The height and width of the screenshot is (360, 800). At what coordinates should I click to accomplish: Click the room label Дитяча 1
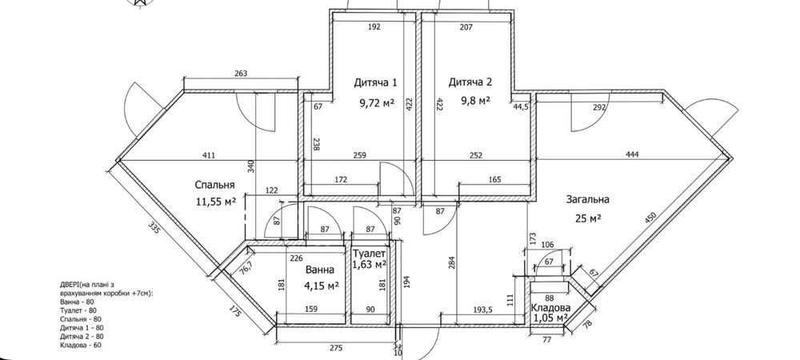pyautogui.click(x=375, y=82)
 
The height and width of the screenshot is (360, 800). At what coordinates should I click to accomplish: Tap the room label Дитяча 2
pyautogui.click(x=470, y=82)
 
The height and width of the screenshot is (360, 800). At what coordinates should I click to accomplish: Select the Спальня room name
pyautogui.click(x=214, y=185)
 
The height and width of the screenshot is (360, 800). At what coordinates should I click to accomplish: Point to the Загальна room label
pyautogui.click(x=587, y=199)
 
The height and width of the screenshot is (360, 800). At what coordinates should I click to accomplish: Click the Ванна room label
pyautogui.click(x=320, y=270)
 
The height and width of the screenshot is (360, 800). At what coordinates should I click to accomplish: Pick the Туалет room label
pyautogui.click(x=369, y=253)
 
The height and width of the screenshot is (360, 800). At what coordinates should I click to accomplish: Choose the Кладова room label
pyautogui.click(x=551, y=308)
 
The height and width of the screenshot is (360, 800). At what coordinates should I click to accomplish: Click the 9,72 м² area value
pyautogui.click(x=377, y=103)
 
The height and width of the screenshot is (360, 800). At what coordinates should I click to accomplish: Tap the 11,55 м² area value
pyautogui.click(x=216, y=202)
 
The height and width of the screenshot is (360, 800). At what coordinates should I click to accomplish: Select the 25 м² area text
pyautogui.click(x=587, y=218)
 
